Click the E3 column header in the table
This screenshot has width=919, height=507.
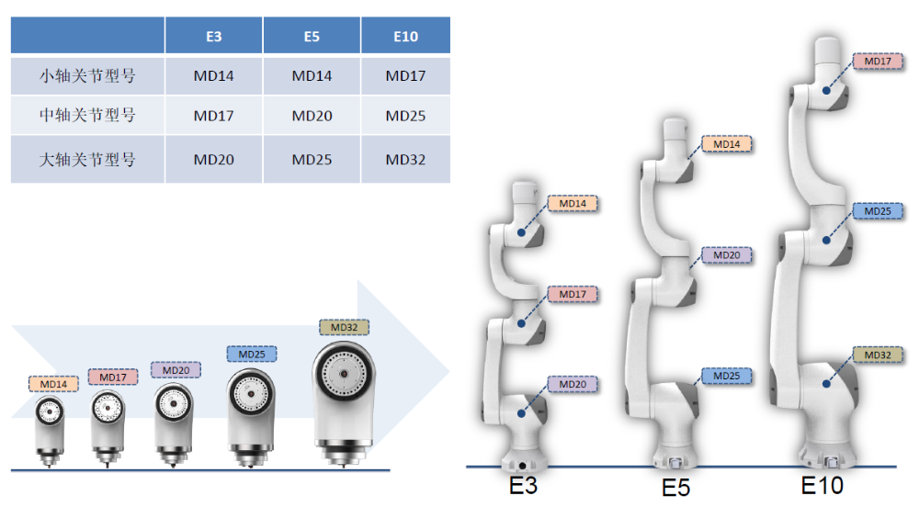[214, 37]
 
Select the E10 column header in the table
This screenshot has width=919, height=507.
[405, 37]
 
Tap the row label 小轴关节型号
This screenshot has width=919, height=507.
[87, 75]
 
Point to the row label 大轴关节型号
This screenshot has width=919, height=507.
[87, 159]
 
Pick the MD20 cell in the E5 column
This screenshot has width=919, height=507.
[312, 116]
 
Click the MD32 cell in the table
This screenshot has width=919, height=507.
[405, 159]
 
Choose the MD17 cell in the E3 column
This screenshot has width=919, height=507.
[214, 116]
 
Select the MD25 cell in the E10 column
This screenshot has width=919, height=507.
[405, 116]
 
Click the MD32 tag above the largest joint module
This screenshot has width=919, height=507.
[344, 327]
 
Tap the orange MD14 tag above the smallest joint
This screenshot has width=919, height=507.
[53, 384]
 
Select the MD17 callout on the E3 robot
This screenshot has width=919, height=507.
[573, 294]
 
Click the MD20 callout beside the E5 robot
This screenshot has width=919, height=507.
[727, 255]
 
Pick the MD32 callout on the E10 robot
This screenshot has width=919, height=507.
[878, 355]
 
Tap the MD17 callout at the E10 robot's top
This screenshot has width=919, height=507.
[878, 61]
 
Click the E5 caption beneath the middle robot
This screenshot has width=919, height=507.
[675, 488]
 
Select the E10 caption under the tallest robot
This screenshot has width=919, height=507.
[823, 485]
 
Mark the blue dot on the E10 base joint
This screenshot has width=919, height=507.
[826, 384]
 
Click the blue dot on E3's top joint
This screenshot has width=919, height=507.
[521, 232]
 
